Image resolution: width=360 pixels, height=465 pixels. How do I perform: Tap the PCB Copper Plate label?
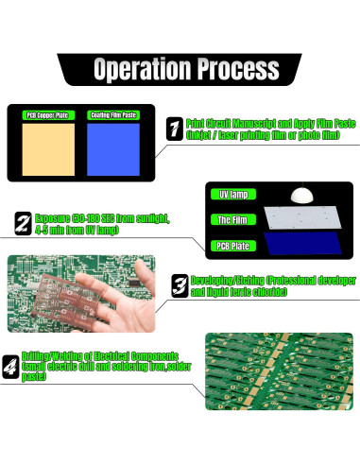47,115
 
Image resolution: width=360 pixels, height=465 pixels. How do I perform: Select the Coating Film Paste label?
113,115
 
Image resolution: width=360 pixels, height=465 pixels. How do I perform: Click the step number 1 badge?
174,129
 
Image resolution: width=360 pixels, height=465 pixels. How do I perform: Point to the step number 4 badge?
10,364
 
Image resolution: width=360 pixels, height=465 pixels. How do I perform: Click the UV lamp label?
233,195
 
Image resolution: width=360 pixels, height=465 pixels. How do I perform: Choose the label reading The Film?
233,220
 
